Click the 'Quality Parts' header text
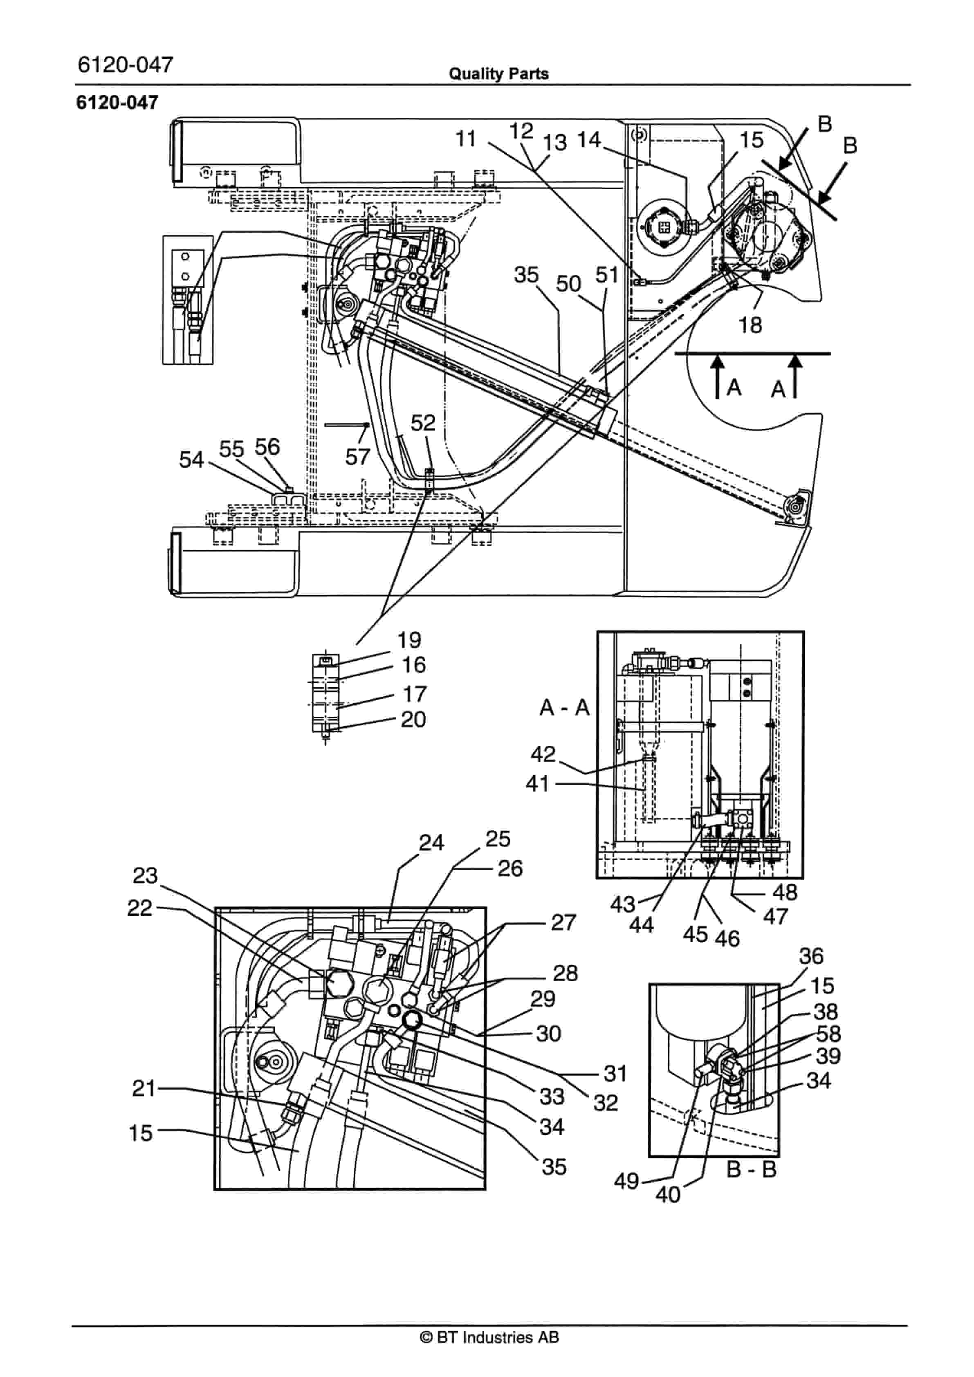[x=499, y=74]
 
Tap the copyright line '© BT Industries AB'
[x=489, y=1337]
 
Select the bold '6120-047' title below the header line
[x=117, y=103]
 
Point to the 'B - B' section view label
[x=752, y=1169]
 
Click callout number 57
[x=357, y=457]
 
